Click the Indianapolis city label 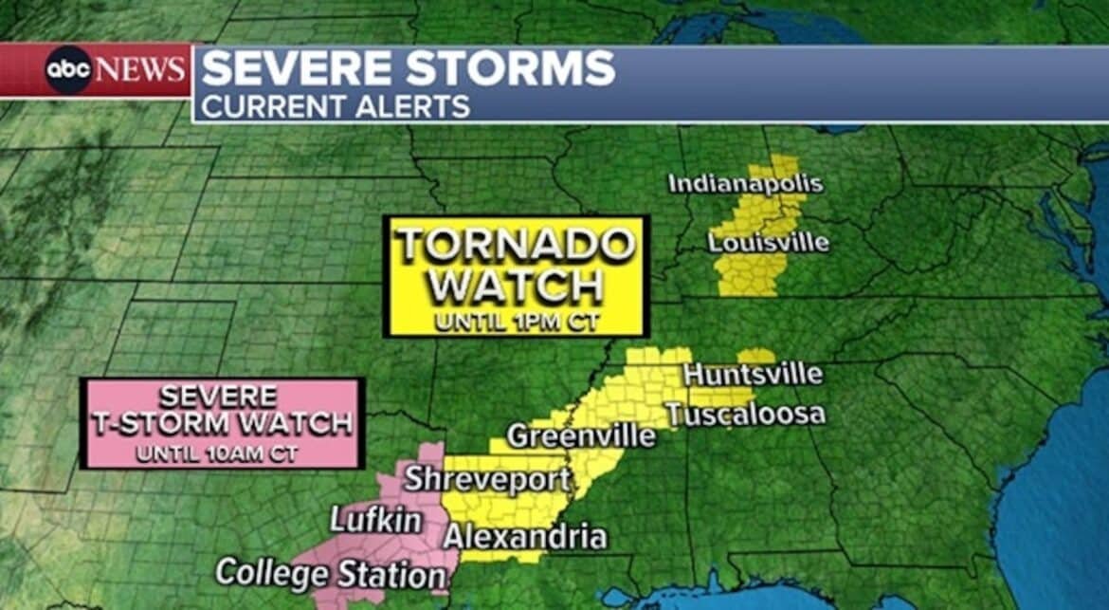745,183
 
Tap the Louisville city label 768,242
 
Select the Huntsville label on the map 753,374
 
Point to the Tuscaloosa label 744,415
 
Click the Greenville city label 581,436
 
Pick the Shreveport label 487,479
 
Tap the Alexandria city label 525,537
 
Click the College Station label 330,574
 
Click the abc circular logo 69,69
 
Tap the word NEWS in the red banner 140,70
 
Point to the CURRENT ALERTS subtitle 336,106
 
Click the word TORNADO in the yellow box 516,245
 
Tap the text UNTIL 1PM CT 517,322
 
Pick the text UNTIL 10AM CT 217,453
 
